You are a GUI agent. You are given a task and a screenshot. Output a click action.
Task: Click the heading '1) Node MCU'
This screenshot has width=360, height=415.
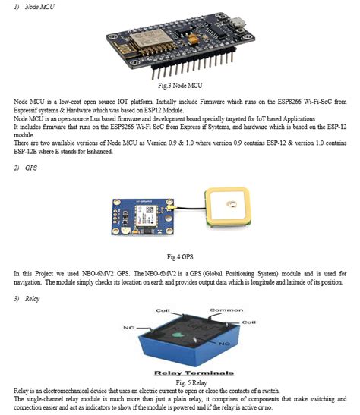pyautogui.click(x=25, y=6)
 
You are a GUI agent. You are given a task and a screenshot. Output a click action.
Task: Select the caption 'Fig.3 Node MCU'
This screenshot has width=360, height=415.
pyautogui.click(x=179, y=86)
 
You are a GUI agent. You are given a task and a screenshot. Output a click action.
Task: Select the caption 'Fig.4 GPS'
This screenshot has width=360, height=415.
pyautogui.click(x=179, y=256)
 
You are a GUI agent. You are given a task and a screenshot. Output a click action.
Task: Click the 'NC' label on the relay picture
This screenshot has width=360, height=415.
pyautogui.click(x=127, y=327)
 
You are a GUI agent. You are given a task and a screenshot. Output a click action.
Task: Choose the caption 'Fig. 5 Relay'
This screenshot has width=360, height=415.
pyautogui.click(x=179, y=382)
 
